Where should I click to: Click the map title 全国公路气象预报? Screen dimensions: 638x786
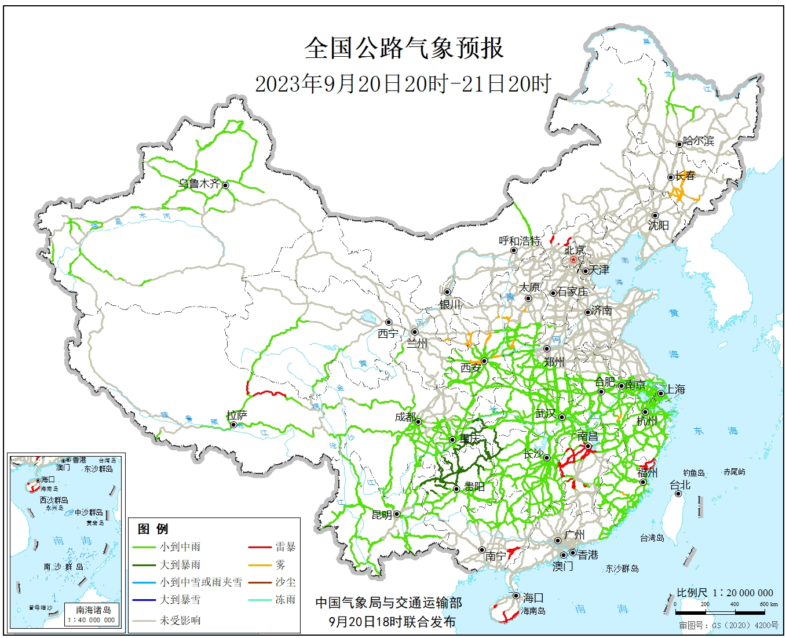(x=404, y=48)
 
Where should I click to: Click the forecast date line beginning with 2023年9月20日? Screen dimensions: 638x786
(x=403, y=84)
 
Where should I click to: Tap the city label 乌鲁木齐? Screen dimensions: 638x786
(x=199, y=184)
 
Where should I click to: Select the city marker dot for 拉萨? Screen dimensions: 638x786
(x=233, y=425)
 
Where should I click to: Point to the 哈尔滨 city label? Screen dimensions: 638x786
(x=699, y=141)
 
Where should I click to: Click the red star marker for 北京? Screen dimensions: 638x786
(x=573, y=260)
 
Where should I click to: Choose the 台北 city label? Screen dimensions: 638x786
(x=680, y=484)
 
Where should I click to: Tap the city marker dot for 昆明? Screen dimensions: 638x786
(x=397, y=514)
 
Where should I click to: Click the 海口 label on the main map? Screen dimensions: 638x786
(x=533, y=597)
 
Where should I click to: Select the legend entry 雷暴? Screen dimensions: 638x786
(x=285, y=546)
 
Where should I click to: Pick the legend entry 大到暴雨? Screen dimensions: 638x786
(x=180, y=564)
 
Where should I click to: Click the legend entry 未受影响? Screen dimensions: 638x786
(x=180, y=620)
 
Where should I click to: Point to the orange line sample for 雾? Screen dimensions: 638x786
(x=259, y=565)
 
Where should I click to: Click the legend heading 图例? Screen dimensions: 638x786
(x=153, y=528)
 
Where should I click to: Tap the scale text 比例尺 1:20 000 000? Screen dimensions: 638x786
(x=725, y=593)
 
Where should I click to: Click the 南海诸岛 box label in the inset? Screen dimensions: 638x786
(x=93, y=610)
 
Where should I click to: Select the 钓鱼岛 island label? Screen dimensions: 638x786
(x=693, y=473)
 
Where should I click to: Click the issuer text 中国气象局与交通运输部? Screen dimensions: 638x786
(x=389, y=603)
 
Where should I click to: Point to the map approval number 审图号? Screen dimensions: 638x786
(x=729, y=626)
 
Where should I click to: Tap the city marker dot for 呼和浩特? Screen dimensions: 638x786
(x=514, y=250)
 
